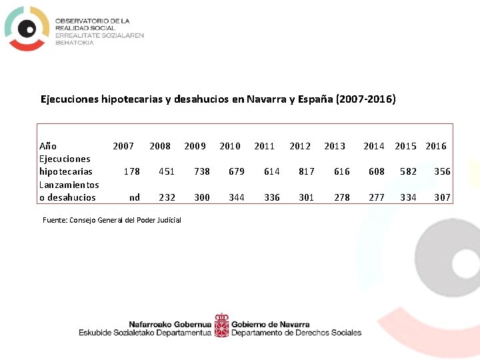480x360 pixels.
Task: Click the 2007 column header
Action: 123,146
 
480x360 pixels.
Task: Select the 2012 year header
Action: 300,146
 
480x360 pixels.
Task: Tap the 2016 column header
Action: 436,146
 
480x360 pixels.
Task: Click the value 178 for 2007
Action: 132,171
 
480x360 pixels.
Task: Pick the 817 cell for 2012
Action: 307,171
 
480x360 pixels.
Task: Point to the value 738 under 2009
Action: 201,171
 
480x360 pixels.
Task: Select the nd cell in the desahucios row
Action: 134,197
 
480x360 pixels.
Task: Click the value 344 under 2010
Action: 237,197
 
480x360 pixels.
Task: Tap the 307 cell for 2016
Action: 443,197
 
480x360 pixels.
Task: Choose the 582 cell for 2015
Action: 408,171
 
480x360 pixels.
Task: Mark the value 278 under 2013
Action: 341,197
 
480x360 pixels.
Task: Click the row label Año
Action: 48,146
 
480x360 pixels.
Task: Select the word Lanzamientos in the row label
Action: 69,185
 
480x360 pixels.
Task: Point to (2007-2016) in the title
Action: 366,99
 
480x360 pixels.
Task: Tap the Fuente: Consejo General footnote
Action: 111,220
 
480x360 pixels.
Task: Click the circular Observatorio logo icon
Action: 27,28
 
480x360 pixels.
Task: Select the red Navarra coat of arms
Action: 221,325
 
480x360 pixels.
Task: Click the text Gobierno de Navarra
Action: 270,324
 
